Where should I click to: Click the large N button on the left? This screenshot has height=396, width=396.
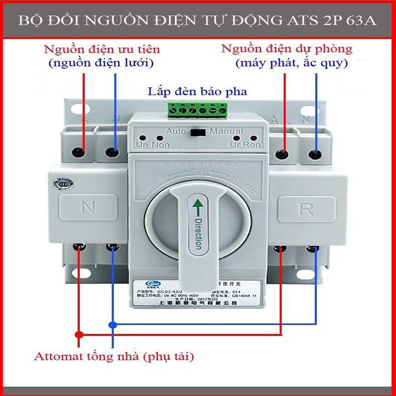[x=88, y=208]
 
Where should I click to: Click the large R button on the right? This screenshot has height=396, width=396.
[x=306, y=210]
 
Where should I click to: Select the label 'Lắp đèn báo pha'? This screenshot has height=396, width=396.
[x=197, y=91]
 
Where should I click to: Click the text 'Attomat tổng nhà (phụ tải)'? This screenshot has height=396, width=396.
[x=114, y=356]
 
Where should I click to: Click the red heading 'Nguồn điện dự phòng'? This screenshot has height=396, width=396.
[x=287, y=48]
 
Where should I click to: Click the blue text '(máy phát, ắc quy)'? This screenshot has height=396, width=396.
[x=291, y=63]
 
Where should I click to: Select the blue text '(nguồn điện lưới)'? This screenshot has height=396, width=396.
[x=101, y=63]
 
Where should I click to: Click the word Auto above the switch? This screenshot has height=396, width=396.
[x=175, y=131]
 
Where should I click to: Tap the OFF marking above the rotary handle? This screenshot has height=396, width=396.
[x=196, y=172]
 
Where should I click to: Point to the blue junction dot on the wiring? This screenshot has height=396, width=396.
[x=112, y=324]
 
